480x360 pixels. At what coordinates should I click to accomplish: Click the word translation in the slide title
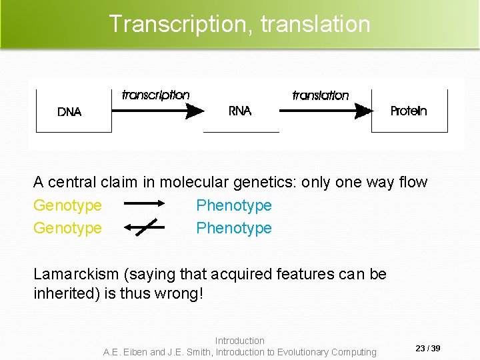click(x=315, y=24)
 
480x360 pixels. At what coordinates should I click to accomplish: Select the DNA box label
click(x=69, y=112)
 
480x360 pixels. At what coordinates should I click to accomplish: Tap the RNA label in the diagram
click(x=240, y=111)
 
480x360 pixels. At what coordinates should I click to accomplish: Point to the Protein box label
click(x=409, y=111)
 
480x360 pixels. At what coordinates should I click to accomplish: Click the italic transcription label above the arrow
click(x=156, y=95)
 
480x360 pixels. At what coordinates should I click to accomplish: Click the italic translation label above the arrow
click(x=321, y=95)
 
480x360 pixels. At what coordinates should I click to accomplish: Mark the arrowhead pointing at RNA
click(x=195, y=111)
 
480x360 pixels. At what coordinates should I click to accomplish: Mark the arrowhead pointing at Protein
click(x=363, y=111)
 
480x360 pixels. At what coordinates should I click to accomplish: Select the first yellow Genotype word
click(x=67, y=205)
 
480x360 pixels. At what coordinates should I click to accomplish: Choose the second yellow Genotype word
click(x=67, y=228)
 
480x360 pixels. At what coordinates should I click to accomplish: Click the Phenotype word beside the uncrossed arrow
click(x=234, y=205)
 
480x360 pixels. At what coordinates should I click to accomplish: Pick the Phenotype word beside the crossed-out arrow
click(x=234, y=228)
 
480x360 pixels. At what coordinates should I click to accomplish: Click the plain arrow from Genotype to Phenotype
click(x=144, y=204)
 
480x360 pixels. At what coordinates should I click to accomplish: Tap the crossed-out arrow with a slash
click(x=144, y=227)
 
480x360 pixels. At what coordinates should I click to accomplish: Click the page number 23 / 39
click(x=427, y=349)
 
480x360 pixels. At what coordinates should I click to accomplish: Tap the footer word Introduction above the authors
click(x=240, y=341)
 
